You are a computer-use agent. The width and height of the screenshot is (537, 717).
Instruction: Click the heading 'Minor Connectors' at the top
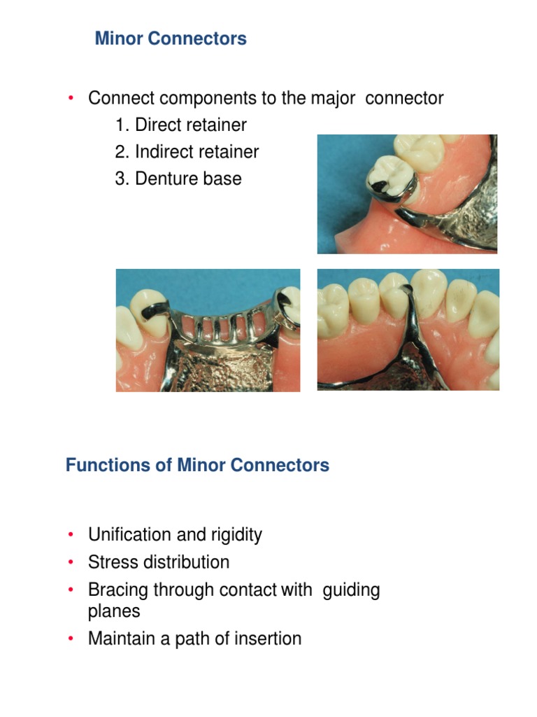pyautogui.click(x=171, y=39)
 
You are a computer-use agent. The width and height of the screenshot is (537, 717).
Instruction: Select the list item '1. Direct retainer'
pyautogui.click(x=181, y=125)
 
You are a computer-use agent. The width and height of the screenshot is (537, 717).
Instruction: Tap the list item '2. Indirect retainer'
pyautogui.click(x=187, y=152)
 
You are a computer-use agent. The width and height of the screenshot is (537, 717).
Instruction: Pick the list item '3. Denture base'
pyautogui.click(x=178, y=179)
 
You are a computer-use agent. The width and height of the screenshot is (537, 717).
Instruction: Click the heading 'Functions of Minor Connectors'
pyautogui.click(x=197, y=465)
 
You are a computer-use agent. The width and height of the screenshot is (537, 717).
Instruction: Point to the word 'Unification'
pyautogui.click(x=129, y=535)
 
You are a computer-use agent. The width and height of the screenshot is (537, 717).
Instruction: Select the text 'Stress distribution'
pyautogui.click(x=159, y=562)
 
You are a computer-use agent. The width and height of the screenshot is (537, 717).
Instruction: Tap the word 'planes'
pyautogui.click(x=114, y=611)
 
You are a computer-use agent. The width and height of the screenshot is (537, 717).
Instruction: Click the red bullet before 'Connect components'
pyautogui.click(x=71, y=99)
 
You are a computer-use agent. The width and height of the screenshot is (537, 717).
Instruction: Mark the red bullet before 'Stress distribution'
pyautogui.click(x=71, y=562)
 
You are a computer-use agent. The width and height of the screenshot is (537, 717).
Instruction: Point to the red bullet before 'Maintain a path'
pyautogui.click(x=71, y=639)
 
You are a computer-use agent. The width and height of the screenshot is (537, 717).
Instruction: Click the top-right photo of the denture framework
pyautogui.click(x=407, y=194)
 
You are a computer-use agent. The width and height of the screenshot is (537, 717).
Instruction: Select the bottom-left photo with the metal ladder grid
pyautogui.click(x=208, y=330)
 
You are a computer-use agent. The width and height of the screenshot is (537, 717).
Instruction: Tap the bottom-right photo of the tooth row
pyautogui.click(x=408, y=330)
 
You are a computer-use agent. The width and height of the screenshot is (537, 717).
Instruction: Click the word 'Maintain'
pyautogui.click(x=121, y=639)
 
